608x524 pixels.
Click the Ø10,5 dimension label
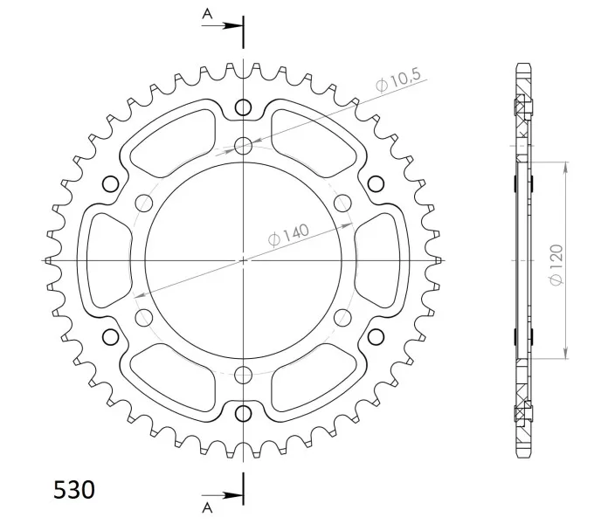pos(398,80)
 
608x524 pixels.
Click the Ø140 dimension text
pos(289,234)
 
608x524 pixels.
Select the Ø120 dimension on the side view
pos(556,265)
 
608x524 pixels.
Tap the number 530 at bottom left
pos(73,490)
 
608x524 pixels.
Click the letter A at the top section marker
pos(207,14)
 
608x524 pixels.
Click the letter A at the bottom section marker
pos(207,507)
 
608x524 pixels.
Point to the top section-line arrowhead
pos(233,26)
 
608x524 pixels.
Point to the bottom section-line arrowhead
pos(233,495)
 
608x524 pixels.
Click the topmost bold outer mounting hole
pos(243,107)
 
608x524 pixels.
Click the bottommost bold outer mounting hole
pos(243,414)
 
